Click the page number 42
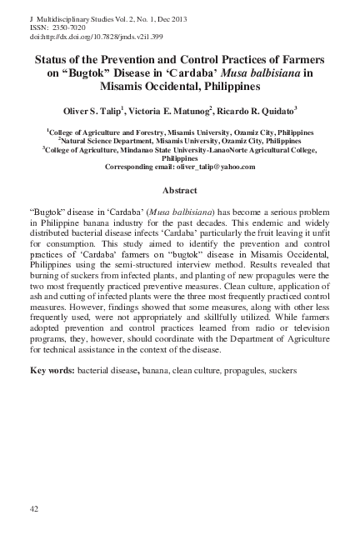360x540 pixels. (x=34, y=508)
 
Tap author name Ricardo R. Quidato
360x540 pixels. (x=262, y=110)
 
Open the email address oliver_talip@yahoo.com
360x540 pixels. (x=211, y=167)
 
